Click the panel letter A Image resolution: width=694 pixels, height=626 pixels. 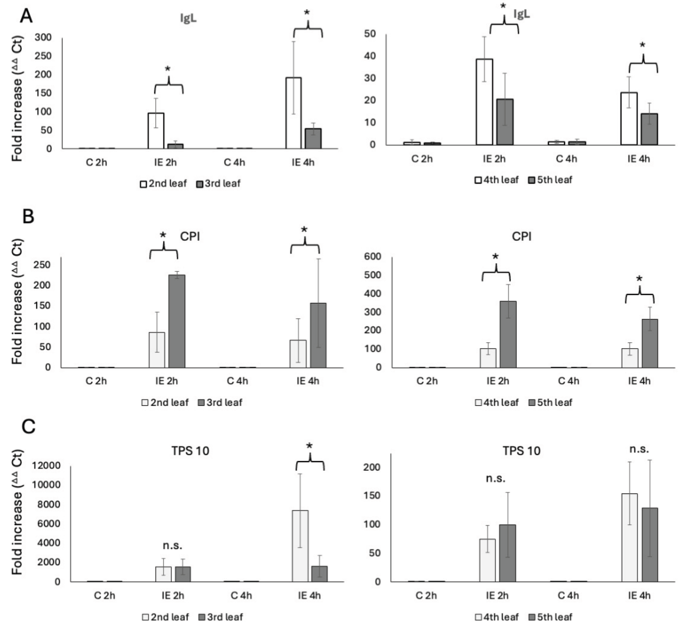pos(26,16)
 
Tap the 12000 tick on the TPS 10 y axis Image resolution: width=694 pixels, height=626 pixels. pos(46,466)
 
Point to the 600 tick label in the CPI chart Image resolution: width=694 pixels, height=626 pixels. pos(373,257)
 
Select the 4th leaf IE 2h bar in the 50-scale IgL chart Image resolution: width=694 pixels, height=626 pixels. pos(484,102)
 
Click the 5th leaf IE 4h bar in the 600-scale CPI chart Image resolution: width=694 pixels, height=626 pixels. pos(649,344)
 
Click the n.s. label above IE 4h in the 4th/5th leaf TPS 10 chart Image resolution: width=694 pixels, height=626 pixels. pos(639,449)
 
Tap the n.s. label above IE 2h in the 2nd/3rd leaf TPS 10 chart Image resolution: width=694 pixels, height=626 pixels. pos(172,546)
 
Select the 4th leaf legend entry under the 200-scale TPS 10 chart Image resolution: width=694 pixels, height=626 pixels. pos(496,617)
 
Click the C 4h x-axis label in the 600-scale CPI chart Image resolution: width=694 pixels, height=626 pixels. pos(568,381)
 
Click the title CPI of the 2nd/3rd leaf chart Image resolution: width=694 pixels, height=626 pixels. pos(190,237)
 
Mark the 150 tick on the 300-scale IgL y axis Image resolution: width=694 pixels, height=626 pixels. pos(43,93)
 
